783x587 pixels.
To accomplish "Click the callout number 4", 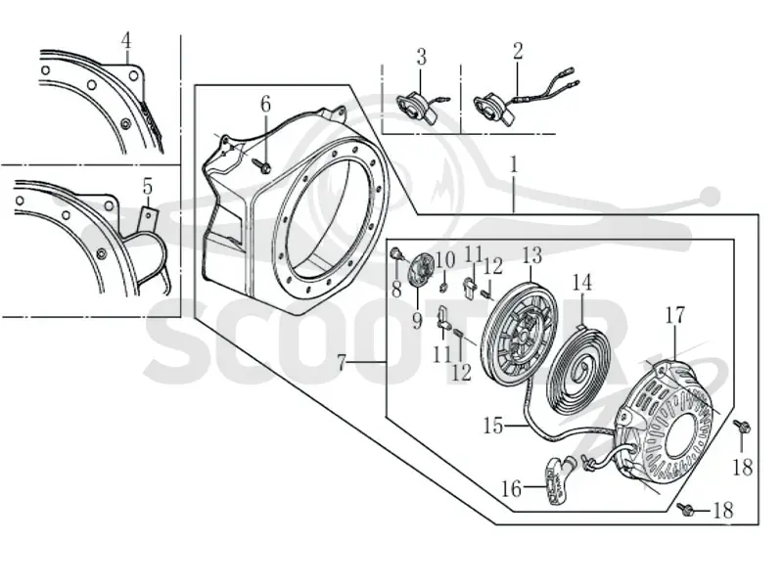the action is point(126,40).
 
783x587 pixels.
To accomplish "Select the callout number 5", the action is point(148,187).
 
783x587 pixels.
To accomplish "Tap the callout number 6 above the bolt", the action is point(265,105).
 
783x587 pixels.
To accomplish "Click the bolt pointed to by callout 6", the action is point(262,166).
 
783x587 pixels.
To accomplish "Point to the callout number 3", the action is point(422,57).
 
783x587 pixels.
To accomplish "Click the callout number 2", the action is point(518,51).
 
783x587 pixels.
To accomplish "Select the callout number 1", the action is point(514,164).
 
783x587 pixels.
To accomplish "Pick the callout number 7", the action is point(342,362).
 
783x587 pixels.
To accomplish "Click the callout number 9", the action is point(417,322).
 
